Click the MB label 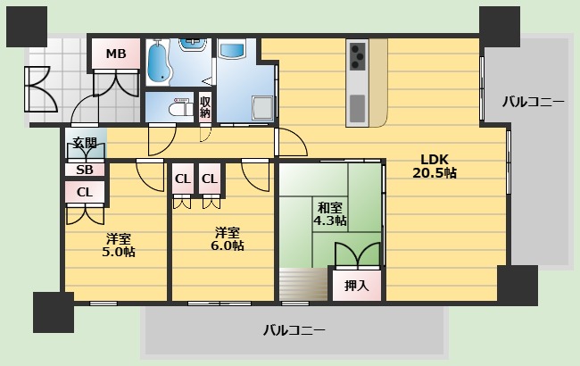116,54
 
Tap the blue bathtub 162,62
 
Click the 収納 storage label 205,107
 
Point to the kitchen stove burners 358,55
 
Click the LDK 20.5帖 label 434,166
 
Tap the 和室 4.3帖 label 330,213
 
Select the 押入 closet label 356,287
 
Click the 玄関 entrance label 85,143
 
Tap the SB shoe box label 84,170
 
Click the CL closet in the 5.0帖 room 85,192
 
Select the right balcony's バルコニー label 533,102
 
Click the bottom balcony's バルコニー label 294,330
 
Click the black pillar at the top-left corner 26,26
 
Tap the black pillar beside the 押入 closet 518,285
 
